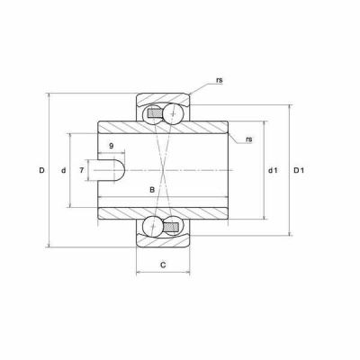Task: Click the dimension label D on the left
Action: coord(41,170)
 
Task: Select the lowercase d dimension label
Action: coord(63,171)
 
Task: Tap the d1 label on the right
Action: coord(273,171)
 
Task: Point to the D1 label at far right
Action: coord(299,171)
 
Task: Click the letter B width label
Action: coord(152,190)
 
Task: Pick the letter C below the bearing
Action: coord(163,265)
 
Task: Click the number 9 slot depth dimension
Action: coord(112,146)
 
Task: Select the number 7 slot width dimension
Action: coord(82,171)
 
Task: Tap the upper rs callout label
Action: coord(220,80)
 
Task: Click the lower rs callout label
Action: coord(249,139)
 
